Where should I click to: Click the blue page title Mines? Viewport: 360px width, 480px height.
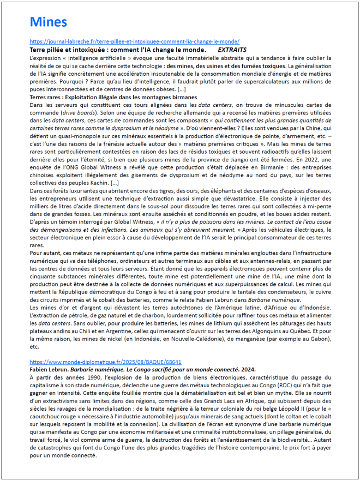point(49,22)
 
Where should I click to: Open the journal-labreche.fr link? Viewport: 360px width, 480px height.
point(134,41)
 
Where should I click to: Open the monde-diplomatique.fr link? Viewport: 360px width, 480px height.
point(105,362)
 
